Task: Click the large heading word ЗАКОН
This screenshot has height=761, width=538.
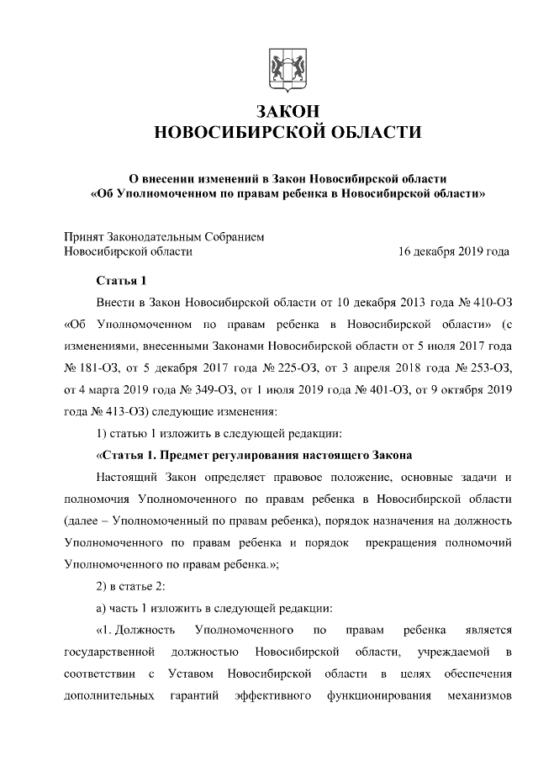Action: (280, 112)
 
